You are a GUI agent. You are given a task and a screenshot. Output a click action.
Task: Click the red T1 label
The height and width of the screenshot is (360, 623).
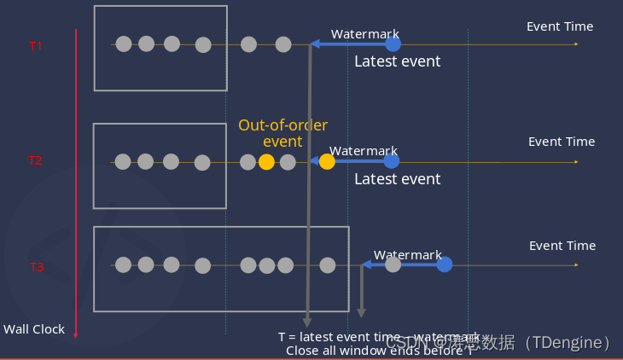[x=36, y=46]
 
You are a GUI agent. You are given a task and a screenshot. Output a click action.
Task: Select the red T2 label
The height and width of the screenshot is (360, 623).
[x=35, y=160]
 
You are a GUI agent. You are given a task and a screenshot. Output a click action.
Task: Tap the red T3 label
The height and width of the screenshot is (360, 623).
[x=37, y=267]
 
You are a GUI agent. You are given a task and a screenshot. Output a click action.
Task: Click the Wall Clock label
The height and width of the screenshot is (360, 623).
[x=34, y=329]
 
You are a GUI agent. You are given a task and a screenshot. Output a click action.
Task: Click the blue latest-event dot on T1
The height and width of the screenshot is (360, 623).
[x=393, y=44]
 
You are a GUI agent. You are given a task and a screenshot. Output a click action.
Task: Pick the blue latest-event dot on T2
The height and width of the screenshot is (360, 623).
[x=391, y=160]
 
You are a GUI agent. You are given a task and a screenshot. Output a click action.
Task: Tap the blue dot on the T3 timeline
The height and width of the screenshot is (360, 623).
[x=445, y=264]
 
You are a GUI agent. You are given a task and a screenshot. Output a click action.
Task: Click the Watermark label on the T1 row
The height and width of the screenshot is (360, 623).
[x=365, y=34]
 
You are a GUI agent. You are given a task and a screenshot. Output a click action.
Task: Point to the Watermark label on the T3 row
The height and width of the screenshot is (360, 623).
[x=408, y=255]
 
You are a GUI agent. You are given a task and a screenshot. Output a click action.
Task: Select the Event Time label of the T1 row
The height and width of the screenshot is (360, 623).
[x=560, y=26]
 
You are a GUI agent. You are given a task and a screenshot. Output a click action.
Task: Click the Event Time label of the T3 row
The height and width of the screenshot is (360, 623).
[x=562, y=246]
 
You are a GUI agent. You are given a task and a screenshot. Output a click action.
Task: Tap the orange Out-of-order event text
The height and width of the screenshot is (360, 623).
[x=282, y=133]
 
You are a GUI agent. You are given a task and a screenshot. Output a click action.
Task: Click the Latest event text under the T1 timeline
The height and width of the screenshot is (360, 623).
[x=398, y=61]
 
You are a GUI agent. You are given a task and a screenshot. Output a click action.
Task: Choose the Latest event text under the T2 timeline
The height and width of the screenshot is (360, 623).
[x=398, y=179]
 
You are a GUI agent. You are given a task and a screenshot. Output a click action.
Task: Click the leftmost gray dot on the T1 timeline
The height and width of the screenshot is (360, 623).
[x=124, y=44]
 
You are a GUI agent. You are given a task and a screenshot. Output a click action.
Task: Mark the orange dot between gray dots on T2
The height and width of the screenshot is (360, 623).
[x=266, y=162]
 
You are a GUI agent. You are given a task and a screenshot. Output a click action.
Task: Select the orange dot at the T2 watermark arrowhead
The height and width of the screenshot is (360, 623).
[x=327, y=161]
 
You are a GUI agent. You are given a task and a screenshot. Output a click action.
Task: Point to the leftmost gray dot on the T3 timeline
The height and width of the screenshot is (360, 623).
[x=124, y=264]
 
